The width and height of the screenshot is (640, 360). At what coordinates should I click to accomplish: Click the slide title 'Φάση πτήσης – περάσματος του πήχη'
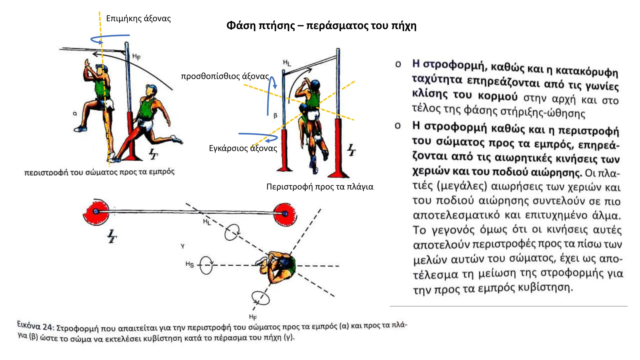point(321,26)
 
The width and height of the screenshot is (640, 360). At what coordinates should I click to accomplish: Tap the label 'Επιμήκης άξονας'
point(138,19)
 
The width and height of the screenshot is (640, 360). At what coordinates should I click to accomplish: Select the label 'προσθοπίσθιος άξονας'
point(225,76)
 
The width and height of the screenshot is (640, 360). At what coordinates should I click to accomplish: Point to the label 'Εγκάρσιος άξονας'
point(243,148)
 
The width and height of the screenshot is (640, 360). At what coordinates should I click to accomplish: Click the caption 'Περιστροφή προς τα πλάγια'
point(320,187)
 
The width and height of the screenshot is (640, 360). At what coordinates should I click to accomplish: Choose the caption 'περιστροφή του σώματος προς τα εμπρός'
point(99,172)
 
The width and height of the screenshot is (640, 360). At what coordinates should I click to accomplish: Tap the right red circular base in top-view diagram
point(285,214)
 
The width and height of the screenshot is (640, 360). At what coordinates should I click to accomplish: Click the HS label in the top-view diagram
point(190,264)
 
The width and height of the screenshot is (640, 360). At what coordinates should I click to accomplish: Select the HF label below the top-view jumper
point(253,317)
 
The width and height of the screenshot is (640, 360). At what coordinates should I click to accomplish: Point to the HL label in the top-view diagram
point(207,222)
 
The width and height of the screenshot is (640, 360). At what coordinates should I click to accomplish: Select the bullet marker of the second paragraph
point(398,126)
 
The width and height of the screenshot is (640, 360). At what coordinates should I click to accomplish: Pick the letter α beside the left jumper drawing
point(75,113)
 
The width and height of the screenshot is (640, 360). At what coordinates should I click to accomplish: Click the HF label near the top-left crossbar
point(137,57)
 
